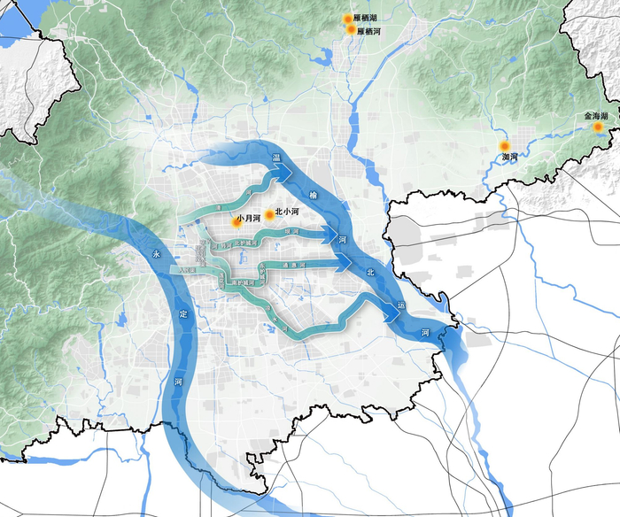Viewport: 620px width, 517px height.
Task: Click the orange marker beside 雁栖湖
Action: [349, 19]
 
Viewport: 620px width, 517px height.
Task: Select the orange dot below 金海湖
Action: [598, 127]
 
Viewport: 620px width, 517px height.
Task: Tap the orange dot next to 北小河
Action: [269, 215]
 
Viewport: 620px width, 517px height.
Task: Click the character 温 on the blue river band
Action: [276, 157]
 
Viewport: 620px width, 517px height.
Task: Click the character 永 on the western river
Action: [157, 254]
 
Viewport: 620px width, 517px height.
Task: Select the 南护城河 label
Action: [243, 282]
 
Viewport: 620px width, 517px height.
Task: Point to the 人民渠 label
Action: [186, 271]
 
